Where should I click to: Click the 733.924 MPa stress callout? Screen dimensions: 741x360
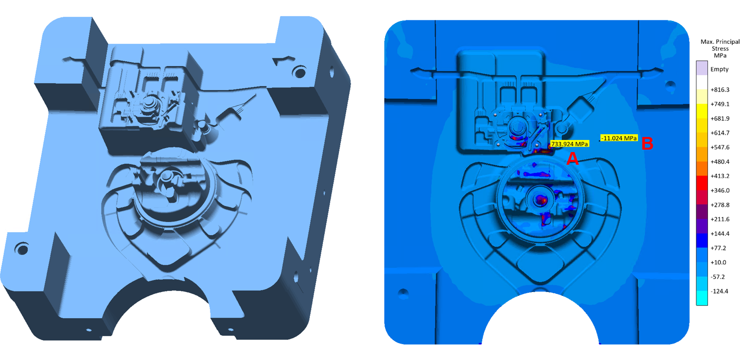click(570, 144)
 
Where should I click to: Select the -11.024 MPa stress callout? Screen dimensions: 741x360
click(619, 138)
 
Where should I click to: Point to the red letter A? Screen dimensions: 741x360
click(573, 158)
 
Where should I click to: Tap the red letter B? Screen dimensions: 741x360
click(647, 143)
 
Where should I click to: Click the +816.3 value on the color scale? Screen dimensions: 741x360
click(720, 90)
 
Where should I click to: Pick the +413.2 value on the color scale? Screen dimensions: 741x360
click(720, 176)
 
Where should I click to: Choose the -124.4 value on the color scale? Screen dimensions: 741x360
click(719, 291)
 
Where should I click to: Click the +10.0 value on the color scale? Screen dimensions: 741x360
click(718, 262)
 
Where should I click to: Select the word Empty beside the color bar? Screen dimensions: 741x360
click(720, 69)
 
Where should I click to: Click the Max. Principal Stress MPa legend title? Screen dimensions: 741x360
click(720, 48)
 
